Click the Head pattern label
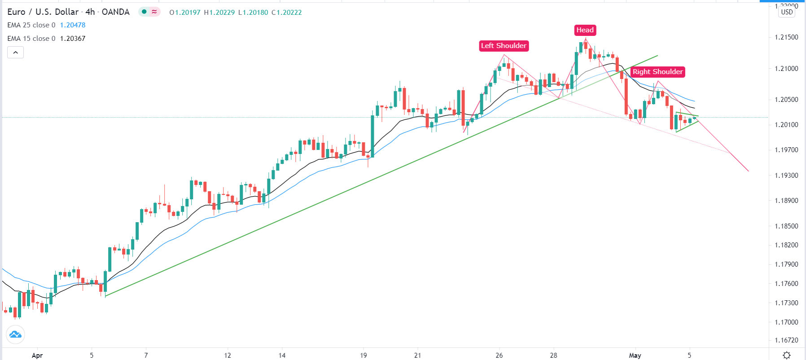pos(585,30)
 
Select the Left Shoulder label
pos(504,46)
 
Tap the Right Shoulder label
pos(657,72)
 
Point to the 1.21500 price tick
pos(786,37)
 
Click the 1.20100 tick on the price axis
pos(786,125)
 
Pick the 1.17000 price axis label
pos(786,322)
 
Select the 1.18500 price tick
pos(786,226)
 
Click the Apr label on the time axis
pos(37,356)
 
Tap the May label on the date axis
pos(635,356)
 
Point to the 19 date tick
pos(364,356)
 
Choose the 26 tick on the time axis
pos(499,356)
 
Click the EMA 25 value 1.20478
pos(73,25)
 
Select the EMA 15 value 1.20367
pos(73,39)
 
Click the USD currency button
pos(787,12)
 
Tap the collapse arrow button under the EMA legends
pos(15,53)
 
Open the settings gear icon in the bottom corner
pos(787,355)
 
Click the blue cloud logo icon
pos(15,334)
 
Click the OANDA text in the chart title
pos(115,12)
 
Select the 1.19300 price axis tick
pos(786,176)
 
